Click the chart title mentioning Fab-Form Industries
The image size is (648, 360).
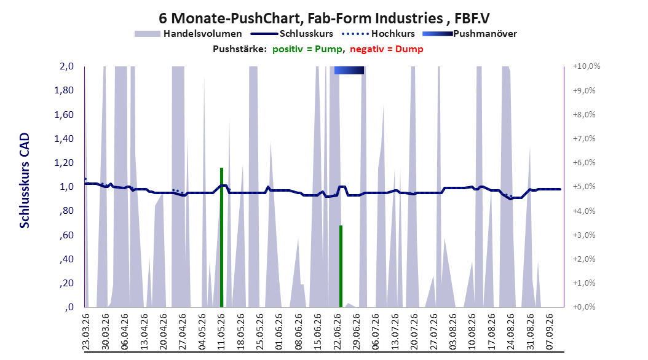click(324, 18)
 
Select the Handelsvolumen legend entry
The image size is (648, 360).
click(188, 34)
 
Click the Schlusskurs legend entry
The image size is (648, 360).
click(292, 34)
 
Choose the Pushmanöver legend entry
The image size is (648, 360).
click(470, 34)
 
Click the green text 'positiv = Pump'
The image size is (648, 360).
click(307, 49)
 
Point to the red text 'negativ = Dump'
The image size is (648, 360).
click(387, 49)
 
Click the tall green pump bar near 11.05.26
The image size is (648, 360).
click(221, 237)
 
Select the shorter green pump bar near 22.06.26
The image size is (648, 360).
click(341, 266)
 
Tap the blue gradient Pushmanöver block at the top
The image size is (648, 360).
click(349, 70)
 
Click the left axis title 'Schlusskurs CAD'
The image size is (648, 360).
click(25, 181)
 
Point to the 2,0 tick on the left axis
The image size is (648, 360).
click(66, 66)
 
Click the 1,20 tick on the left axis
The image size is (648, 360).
click(64, 163)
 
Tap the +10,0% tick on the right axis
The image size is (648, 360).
click(587, 66)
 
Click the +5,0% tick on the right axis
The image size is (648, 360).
click(584, 187)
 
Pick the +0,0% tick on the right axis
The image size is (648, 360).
click(584, 307)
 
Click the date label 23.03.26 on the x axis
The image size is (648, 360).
click(86, 332)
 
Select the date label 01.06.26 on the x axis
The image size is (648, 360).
click(279, 332)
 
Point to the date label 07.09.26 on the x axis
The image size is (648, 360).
click(550, 332)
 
